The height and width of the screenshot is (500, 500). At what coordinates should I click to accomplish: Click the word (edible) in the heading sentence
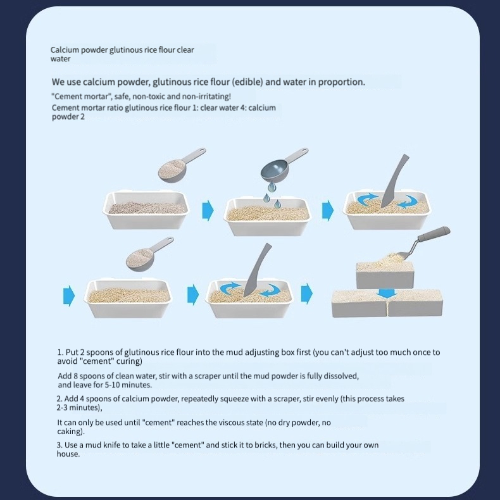(247, 82)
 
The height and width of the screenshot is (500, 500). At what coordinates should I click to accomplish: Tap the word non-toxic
(149, 96)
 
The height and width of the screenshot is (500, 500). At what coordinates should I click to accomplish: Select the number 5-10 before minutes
(112, 385)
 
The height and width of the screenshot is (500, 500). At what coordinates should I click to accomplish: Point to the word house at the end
(67, 454)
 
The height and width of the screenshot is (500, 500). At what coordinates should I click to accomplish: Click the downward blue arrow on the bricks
(387, 294)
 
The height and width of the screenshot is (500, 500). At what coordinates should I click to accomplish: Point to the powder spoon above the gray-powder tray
(180, 165)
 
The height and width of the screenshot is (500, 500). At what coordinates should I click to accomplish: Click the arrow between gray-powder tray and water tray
(208, 211)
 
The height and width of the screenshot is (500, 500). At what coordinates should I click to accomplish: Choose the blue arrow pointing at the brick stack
(307, 294)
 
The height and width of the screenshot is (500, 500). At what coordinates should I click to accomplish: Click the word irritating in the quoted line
(215, 96)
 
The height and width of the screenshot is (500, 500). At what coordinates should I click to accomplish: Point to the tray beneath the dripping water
(268, 217)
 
